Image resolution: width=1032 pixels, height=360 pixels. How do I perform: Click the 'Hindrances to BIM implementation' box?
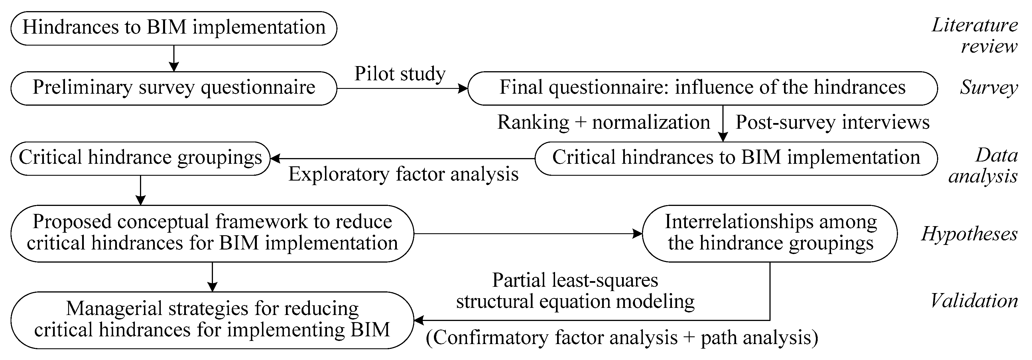(174, 28)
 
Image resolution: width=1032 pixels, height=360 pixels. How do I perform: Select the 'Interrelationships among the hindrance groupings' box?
(770, 234)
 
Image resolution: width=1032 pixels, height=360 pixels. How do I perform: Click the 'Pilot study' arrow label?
(400, 74)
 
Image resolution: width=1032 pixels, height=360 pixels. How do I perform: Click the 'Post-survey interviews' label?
(832, 122)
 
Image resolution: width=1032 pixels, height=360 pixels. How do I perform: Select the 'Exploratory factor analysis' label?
(403, 174)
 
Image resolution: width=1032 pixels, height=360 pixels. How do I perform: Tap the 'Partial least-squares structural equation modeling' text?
(575, 291)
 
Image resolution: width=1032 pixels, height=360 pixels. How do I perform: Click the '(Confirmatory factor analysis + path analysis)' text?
(622, 337)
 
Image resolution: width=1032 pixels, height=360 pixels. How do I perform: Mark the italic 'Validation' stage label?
(974, 301)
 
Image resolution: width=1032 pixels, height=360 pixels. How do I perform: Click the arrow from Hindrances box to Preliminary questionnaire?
(174, 58)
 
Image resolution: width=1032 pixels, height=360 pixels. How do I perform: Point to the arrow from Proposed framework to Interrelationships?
(528, 234)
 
